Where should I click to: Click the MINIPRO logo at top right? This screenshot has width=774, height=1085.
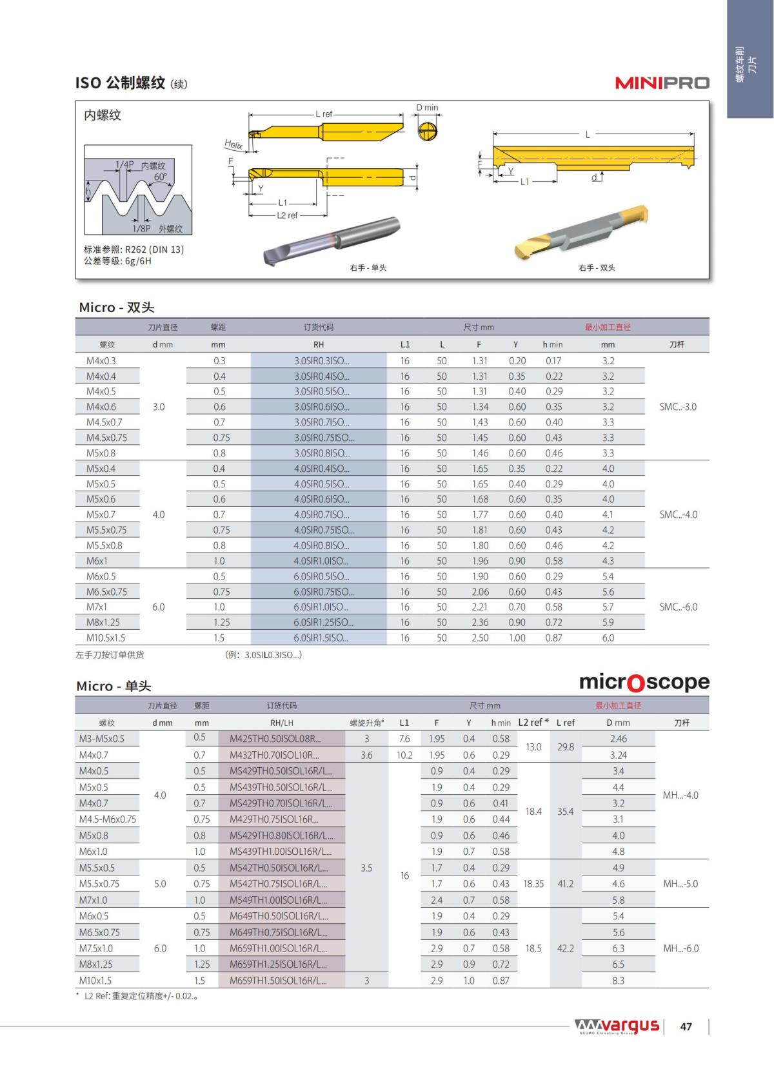click(662, 83)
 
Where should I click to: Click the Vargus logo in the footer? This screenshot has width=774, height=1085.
click(617, 1026)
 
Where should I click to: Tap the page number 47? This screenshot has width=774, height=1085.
click(686, 1026)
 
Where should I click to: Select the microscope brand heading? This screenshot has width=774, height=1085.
click(644, 682)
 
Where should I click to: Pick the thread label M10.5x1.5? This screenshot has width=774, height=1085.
click(106, 638)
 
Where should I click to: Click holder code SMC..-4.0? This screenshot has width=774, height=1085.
click(678, 514)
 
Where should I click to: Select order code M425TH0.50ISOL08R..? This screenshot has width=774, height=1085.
click(275, 739)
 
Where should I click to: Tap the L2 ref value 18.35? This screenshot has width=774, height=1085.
click(533, 884)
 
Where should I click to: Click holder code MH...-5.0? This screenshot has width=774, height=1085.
click(680, 884)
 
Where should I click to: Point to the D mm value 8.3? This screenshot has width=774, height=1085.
click(618, 981)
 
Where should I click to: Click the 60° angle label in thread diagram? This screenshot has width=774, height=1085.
click(160, 177)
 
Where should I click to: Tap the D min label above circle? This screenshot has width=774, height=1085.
click(426, 108)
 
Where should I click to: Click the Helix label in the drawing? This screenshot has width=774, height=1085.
click(233, 144)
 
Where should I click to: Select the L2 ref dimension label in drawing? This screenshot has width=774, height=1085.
click(287, 215)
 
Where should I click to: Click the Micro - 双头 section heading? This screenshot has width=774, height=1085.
click(117, 308)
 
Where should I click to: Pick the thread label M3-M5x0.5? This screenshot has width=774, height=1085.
click(102, 739)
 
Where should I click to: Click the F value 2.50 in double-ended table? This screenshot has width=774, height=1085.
click(480, 638)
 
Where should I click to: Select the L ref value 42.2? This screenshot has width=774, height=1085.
click(565, 948)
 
